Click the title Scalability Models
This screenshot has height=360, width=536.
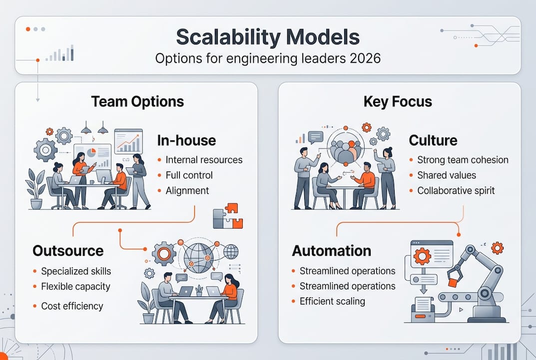click(267, 38)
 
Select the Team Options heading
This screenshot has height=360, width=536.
click(137, 102)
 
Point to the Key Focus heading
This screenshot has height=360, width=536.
click(398, 102)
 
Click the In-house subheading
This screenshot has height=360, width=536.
click(186, 140)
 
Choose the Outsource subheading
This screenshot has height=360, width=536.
click(68, 250)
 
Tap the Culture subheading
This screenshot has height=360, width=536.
click(433, 140)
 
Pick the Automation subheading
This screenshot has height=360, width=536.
click(331, 250)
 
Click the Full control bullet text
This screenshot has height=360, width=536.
click(189, 175)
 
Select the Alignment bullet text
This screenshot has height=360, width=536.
click(187, 190)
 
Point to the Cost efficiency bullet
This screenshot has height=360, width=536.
click(72, 306)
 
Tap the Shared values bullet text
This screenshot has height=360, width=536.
click(446, 175)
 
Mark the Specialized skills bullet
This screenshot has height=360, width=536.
click(76, 271)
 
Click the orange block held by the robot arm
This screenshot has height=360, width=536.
click(453, 282)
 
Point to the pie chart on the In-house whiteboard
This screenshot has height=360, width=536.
click(92, 152)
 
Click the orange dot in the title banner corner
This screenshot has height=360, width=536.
click(27, 29)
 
